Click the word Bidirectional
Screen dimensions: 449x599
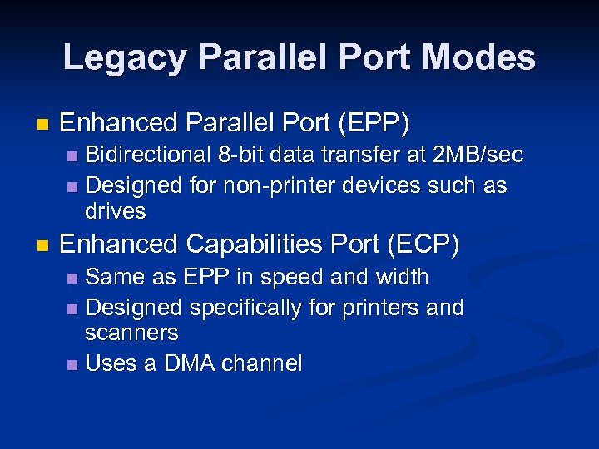[149, 155]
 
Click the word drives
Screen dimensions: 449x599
[116, 211]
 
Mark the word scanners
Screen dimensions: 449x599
[131, 333]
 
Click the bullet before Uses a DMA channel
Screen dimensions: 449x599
[72, 365]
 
